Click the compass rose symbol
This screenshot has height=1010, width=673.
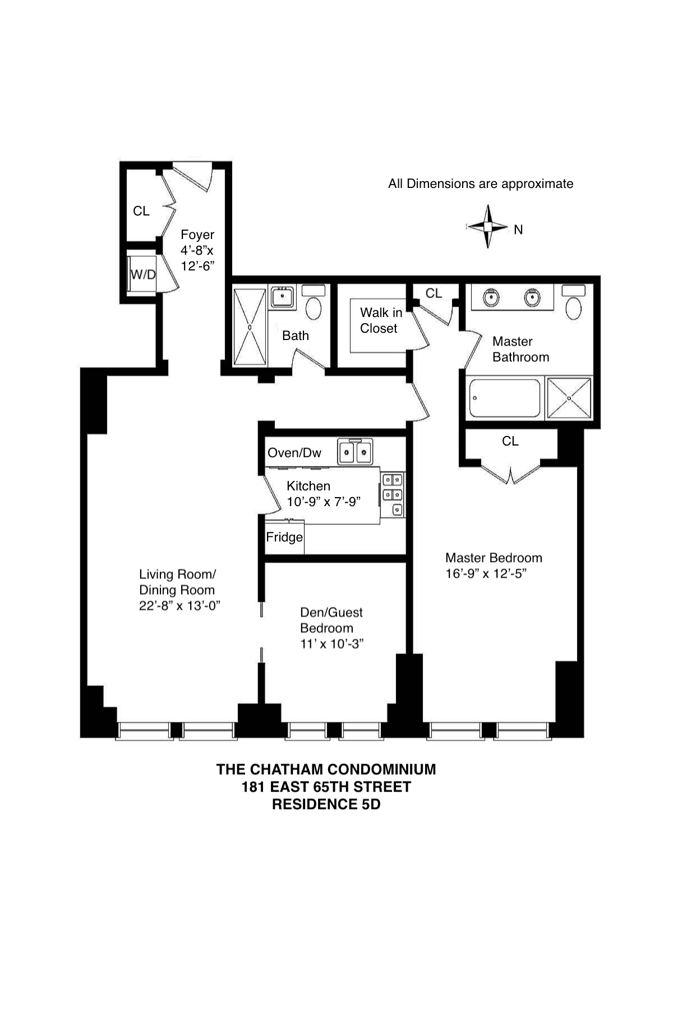coord(488,227)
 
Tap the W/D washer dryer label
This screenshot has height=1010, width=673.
coord(143,274)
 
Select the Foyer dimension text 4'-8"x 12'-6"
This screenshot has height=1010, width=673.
coord(197,258)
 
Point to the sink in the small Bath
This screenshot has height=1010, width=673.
coord(283,297)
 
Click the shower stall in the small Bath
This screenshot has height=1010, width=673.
coord(250,327)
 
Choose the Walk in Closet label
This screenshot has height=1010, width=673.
coord(380,320)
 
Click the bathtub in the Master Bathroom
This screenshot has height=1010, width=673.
coord(503,398)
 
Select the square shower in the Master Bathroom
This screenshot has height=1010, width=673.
coord(569,398)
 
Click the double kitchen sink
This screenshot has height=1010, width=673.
coord(356,452)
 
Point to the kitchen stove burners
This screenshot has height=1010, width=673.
coord(393,494)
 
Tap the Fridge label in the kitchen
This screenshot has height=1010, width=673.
coord(284,537)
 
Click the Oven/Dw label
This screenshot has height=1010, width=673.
coord(294,453)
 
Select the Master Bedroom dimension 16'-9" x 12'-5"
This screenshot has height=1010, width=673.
coord(486,573)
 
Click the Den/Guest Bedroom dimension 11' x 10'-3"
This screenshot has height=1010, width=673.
coord(332,644)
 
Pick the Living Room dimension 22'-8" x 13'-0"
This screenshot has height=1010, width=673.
coord(179,605)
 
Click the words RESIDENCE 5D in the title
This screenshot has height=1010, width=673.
coord(326,804)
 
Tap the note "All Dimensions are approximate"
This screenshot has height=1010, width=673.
coord(481,184)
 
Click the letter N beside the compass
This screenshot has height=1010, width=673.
coord(518,229)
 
